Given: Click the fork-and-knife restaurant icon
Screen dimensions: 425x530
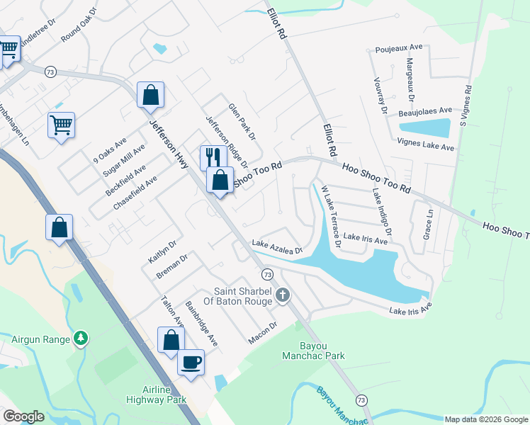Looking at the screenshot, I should click(210, 157).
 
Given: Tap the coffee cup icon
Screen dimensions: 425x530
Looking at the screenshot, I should click(191, 363).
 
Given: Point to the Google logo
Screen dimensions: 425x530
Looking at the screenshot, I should click(23, 416).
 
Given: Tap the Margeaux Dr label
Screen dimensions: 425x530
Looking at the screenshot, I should click(410, 81).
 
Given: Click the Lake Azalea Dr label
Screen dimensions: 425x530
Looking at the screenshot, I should click(277, 247).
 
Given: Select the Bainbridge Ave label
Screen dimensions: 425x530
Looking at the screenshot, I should click(202, 324).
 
